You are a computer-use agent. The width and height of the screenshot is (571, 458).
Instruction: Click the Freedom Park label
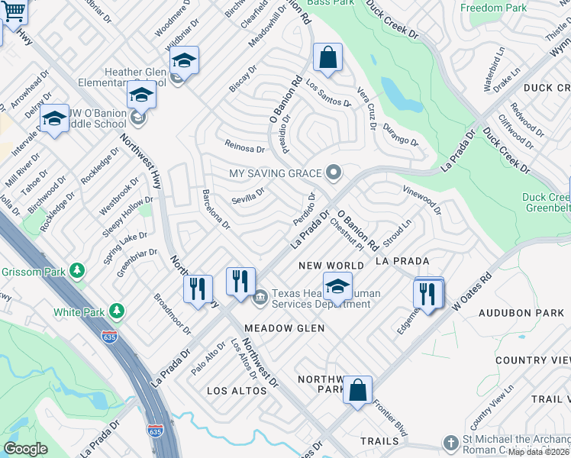[x=494, y=8]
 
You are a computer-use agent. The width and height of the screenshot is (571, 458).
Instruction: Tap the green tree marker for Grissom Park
[x=76, y=271]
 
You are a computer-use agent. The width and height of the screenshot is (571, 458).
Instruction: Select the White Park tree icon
[x=116, y=311]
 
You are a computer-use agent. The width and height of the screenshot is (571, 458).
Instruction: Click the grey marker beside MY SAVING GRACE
[x=333, y=173]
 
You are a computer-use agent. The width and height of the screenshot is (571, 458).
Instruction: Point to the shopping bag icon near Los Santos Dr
[x=327, y=58]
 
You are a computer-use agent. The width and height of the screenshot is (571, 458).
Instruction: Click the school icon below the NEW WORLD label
[x=337, y=287]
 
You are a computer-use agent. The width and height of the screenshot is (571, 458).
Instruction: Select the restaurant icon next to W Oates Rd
[x=428, y=293]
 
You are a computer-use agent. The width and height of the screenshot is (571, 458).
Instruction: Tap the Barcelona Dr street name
[x=215, y=209]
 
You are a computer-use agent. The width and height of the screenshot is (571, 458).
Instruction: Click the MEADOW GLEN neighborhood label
[x=284, y=328]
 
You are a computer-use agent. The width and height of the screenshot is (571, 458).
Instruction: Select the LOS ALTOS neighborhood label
[x=237, y=391]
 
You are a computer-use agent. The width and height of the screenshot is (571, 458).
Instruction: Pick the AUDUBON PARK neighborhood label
[x=521, y=313]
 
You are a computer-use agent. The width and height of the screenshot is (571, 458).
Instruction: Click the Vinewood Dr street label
[x=422, y=198]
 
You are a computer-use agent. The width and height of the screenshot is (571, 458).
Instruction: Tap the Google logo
[x=25, y=449]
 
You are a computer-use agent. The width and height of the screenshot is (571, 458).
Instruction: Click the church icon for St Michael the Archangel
[x=451, y=443]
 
